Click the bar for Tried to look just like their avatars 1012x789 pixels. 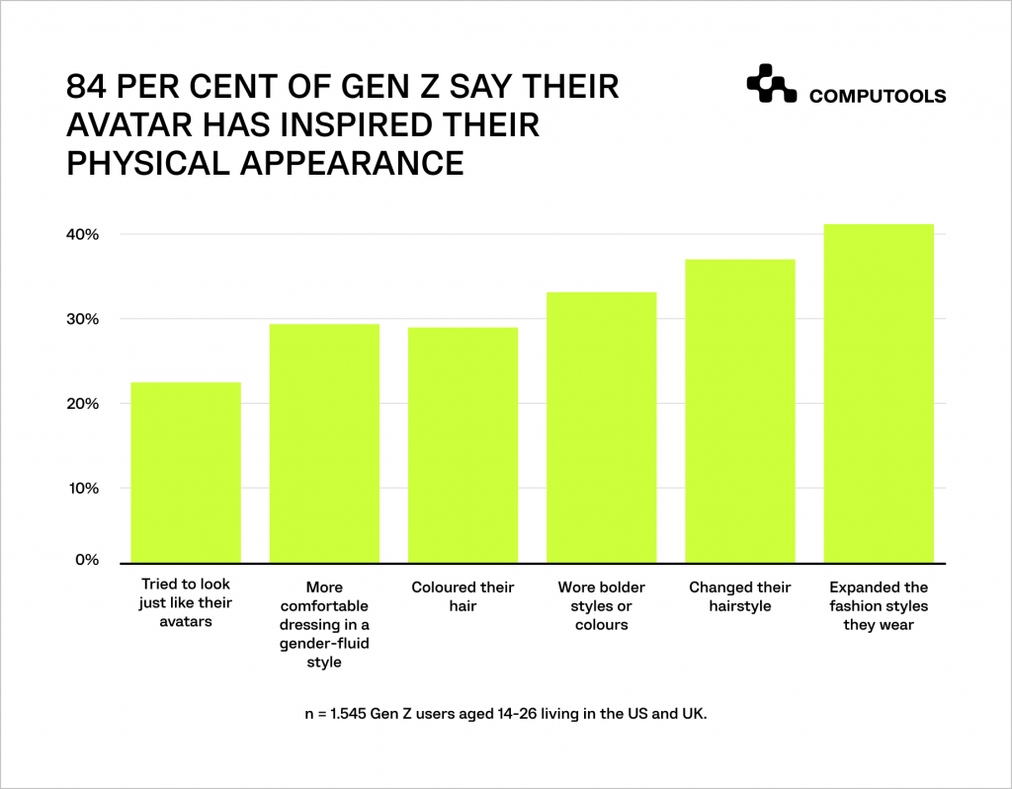(186, 472)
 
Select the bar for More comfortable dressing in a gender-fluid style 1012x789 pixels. (324, 443)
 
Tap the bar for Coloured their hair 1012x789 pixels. (463, 444)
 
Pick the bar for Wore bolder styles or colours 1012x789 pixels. (601, 427)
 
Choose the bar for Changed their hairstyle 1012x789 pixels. (740, 411)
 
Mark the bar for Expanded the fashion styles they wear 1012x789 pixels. (879, 393)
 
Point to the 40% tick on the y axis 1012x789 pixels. (83, 235)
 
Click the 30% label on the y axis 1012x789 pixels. (83, 319)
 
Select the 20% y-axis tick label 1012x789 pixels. (83, 404)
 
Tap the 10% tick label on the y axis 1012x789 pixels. (83, 488)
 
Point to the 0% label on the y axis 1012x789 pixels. (87, 560)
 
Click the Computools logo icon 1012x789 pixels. (771, 85)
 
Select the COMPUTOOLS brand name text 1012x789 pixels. (877, 97)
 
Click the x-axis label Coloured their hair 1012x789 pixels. (463, 596)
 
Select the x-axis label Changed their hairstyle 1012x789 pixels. (740, 596)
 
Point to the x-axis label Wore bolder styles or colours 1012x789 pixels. (601, 605)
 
